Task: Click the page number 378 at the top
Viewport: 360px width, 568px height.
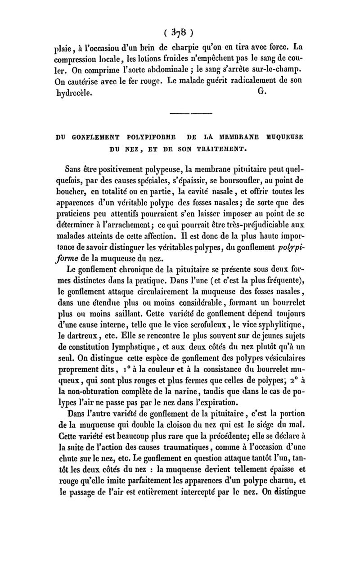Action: [180, 32]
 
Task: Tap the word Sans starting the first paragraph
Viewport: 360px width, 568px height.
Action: [74, 169]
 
